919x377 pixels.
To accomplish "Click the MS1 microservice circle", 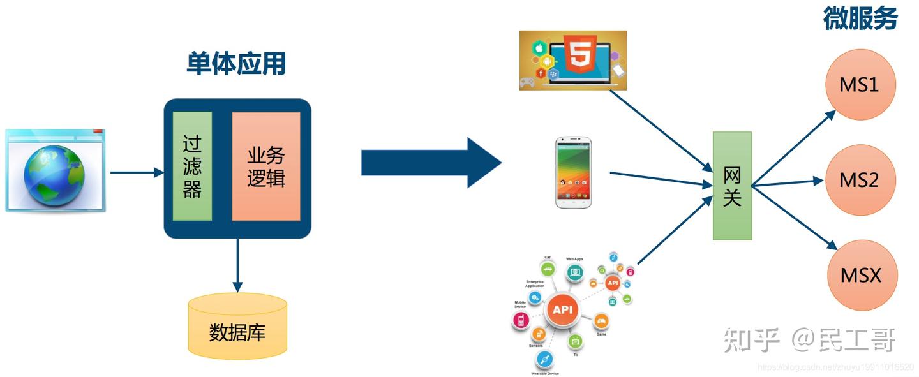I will tap(860, 84).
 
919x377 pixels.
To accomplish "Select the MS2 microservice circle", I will tap(860, 180).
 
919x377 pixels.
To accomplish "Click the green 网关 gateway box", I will tap(732, 186).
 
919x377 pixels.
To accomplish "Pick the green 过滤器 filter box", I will tap(192, 166).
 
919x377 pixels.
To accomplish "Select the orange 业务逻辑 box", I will tap(265, 166).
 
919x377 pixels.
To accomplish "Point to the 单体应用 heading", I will tap(236, 64).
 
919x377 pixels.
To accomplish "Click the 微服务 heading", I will tap(860, 19).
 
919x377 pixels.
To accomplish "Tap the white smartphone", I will tap(573, 172).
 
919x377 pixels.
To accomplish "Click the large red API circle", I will tap(562, 310).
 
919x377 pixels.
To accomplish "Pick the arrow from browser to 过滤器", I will tap(137, 172).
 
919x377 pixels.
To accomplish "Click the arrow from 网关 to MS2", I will tap(788, 183).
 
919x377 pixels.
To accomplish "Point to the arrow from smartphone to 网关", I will tap(661, 179).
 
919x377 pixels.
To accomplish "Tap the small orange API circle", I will tap(613, 283).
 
